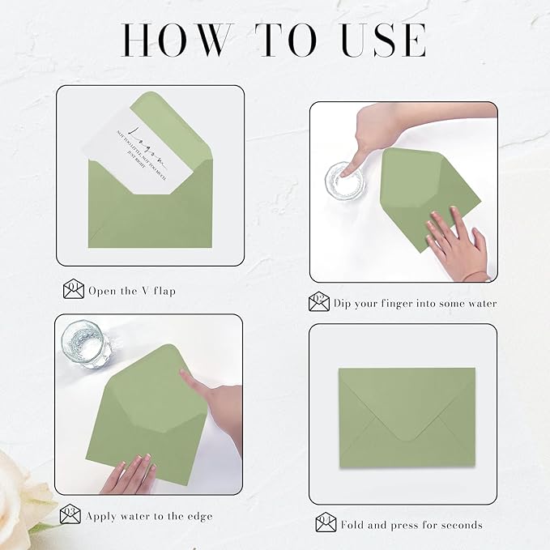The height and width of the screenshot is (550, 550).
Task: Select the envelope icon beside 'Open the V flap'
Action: click(x=74, y=289)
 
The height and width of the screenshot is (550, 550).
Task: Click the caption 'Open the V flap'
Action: click(x=132, y=291)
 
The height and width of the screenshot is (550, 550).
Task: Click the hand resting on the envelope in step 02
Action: click(x=454, y=243)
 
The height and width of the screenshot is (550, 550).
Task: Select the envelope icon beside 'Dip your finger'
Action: click(x=319, y=303)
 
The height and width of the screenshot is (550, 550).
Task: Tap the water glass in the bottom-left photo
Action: click(x=86, y=344)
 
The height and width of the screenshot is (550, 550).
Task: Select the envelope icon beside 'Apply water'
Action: click(x=70, y=514)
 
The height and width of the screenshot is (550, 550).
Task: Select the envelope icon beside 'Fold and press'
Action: click(x=326, y=524)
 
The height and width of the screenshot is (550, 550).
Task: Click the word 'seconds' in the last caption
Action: click(x=458, y=525)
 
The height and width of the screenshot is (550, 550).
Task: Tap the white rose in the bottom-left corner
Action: click(x=20, y=502)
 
